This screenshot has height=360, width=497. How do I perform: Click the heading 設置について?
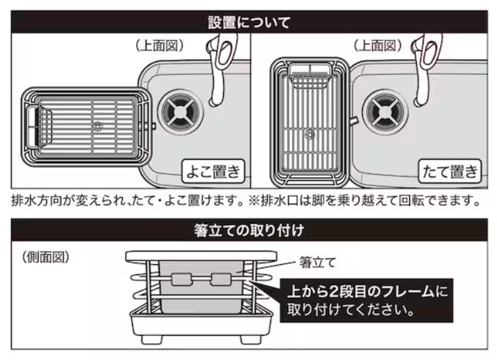coord(249,22)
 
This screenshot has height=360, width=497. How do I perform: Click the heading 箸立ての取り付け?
coord(249,231)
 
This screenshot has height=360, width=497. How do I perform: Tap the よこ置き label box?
coord(213,171)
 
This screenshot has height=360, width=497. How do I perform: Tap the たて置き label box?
coord(450,171)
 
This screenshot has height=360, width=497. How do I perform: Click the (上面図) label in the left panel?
coord(159,46)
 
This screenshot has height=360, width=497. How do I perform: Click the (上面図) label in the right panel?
coord(378,46)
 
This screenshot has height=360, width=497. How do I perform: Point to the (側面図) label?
coord(46,257)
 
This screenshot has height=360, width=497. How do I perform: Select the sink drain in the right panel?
coord(386,112)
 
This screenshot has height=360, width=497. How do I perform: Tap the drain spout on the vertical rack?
coord(353,122)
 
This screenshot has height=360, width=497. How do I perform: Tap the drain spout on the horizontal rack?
coord(152,126)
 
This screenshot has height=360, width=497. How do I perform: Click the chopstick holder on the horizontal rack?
coord(38,127)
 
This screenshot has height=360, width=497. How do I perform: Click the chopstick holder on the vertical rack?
coord(311,76)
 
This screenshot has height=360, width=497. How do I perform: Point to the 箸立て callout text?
coord(317,263)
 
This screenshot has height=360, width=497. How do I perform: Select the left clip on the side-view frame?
coord(181,279)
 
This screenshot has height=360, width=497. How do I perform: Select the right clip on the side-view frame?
coord(221,279)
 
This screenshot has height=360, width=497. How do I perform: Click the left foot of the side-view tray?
coord(152,339)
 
